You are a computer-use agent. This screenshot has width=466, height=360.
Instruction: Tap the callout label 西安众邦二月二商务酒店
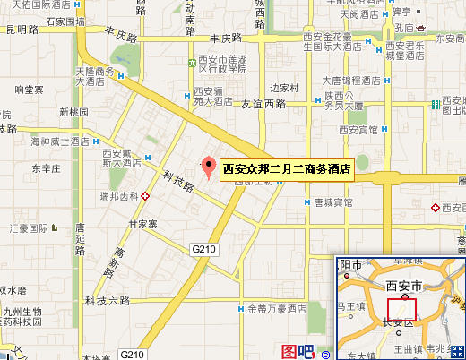pyautogui.click(x=286, y=167)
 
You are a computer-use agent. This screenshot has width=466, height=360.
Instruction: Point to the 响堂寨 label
pyautogui.click(x=30, y=90)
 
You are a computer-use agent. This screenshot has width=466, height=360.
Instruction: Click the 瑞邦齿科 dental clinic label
pyautogui.click(x=117, y=194)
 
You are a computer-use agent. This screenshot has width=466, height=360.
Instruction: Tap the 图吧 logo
pyautogui.click(x=298, y=351)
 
